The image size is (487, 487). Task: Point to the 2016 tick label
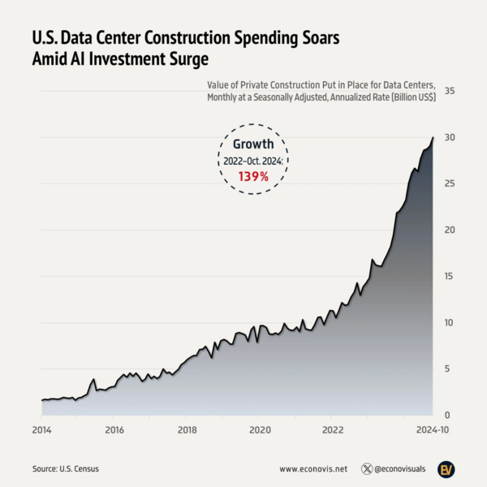(114, 429)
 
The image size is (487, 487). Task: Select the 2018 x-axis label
(187, 429)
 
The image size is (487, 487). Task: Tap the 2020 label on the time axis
(260, 429)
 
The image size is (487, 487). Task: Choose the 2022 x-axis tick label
(332, 429)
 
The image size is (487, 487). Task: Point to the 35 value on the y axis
(448, 92)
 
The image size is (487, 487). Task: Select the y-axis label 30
(448, 138)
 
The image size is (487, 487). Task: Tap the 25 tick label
(448, 184)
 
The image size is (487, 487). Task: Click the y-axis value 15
(448, 276)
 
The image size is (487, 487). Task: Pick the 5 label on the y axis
(448, 368)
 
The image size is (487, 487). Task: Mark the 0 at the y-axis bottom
(448, 415)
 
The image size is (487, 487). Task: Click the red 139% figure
(253, 175)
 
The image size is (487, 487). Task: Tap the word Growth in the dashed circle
(253, 144)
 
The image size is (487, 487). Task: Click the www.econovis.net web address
(313, 469)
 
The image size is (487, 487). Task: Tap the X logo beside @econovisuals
(368, 469)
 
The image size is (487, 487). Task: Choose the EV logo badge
(446, 469)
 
